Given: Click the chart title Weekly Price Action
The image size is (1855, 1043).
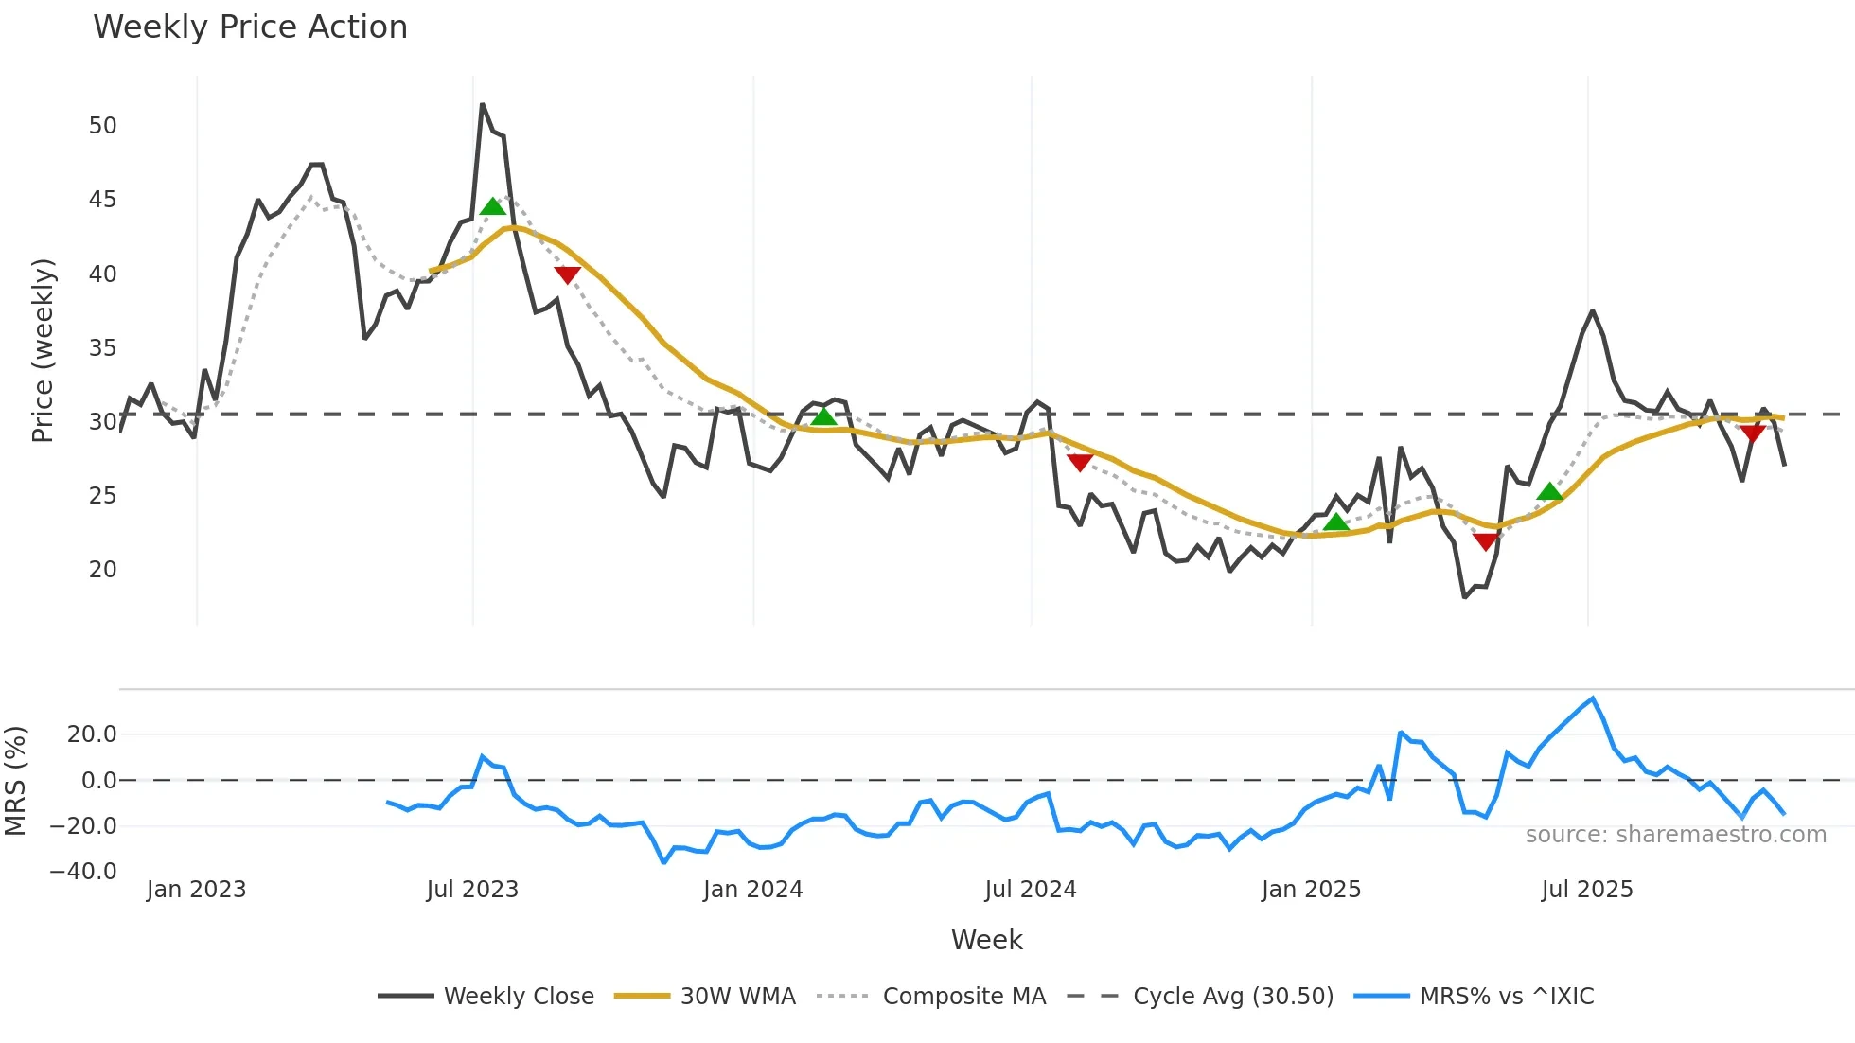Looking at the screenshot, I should click(250, 27).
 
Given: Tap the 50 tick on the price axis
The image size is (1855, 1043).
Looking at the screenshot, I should click(102, 126).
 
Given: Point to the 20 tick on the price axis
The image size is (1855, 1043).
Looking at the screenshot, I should click(102, 570).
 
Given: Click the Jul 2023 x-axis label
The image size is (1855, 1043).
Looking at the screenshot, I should click(472, 890).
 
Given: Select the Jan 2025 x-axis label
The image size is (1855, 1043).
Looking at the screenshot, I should click(1311, 890).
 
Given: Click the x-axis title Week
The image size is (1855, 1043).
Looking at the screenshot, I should click(986, 940).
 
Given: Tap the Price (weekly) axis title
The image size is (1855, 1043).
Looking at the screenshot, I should click(44, 350).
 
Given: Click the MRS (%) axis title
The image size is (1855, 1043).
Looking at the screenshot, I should click(15, 781).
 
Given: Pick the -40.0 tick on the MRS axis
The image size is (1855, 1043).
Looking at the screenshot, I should click(83, 872).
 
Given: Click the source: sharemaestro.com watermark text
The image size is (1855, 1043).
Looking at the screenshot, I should click(1675, 835).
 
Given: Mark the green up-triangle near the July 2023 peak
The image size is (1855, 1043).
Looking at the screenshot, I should click(492, 207).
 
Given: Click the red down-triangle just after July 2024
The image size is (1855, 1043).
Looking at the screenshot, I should click(1080, 462).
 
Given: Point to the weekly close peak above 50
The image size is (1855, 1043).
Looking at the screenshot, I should click(482, 104).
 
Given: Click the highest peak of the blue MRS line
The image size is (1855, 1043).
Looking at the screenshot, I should click(1593, 698).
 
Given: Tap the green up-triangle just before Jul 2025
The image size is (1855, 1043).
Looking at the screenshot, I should click(1549, 491).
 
